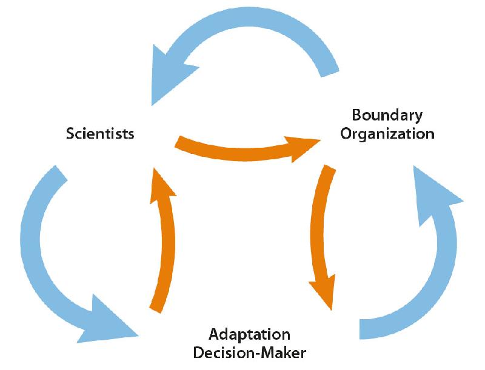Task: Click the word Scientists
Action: pyautogui.click(x=100, y=133)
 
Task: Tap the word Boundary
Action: pyautogui.click(x=387, y=114)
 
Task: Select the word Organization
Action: pyautogui.click(x=387, y=133)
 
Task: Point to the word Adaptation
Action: pyautogui.click(x=249, y=334)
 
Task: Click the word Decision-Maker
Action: pyautogui.click(x=249, y=352)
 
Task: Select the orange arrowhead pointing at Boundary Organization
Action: pyautogui.click(x=303, y=146)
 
